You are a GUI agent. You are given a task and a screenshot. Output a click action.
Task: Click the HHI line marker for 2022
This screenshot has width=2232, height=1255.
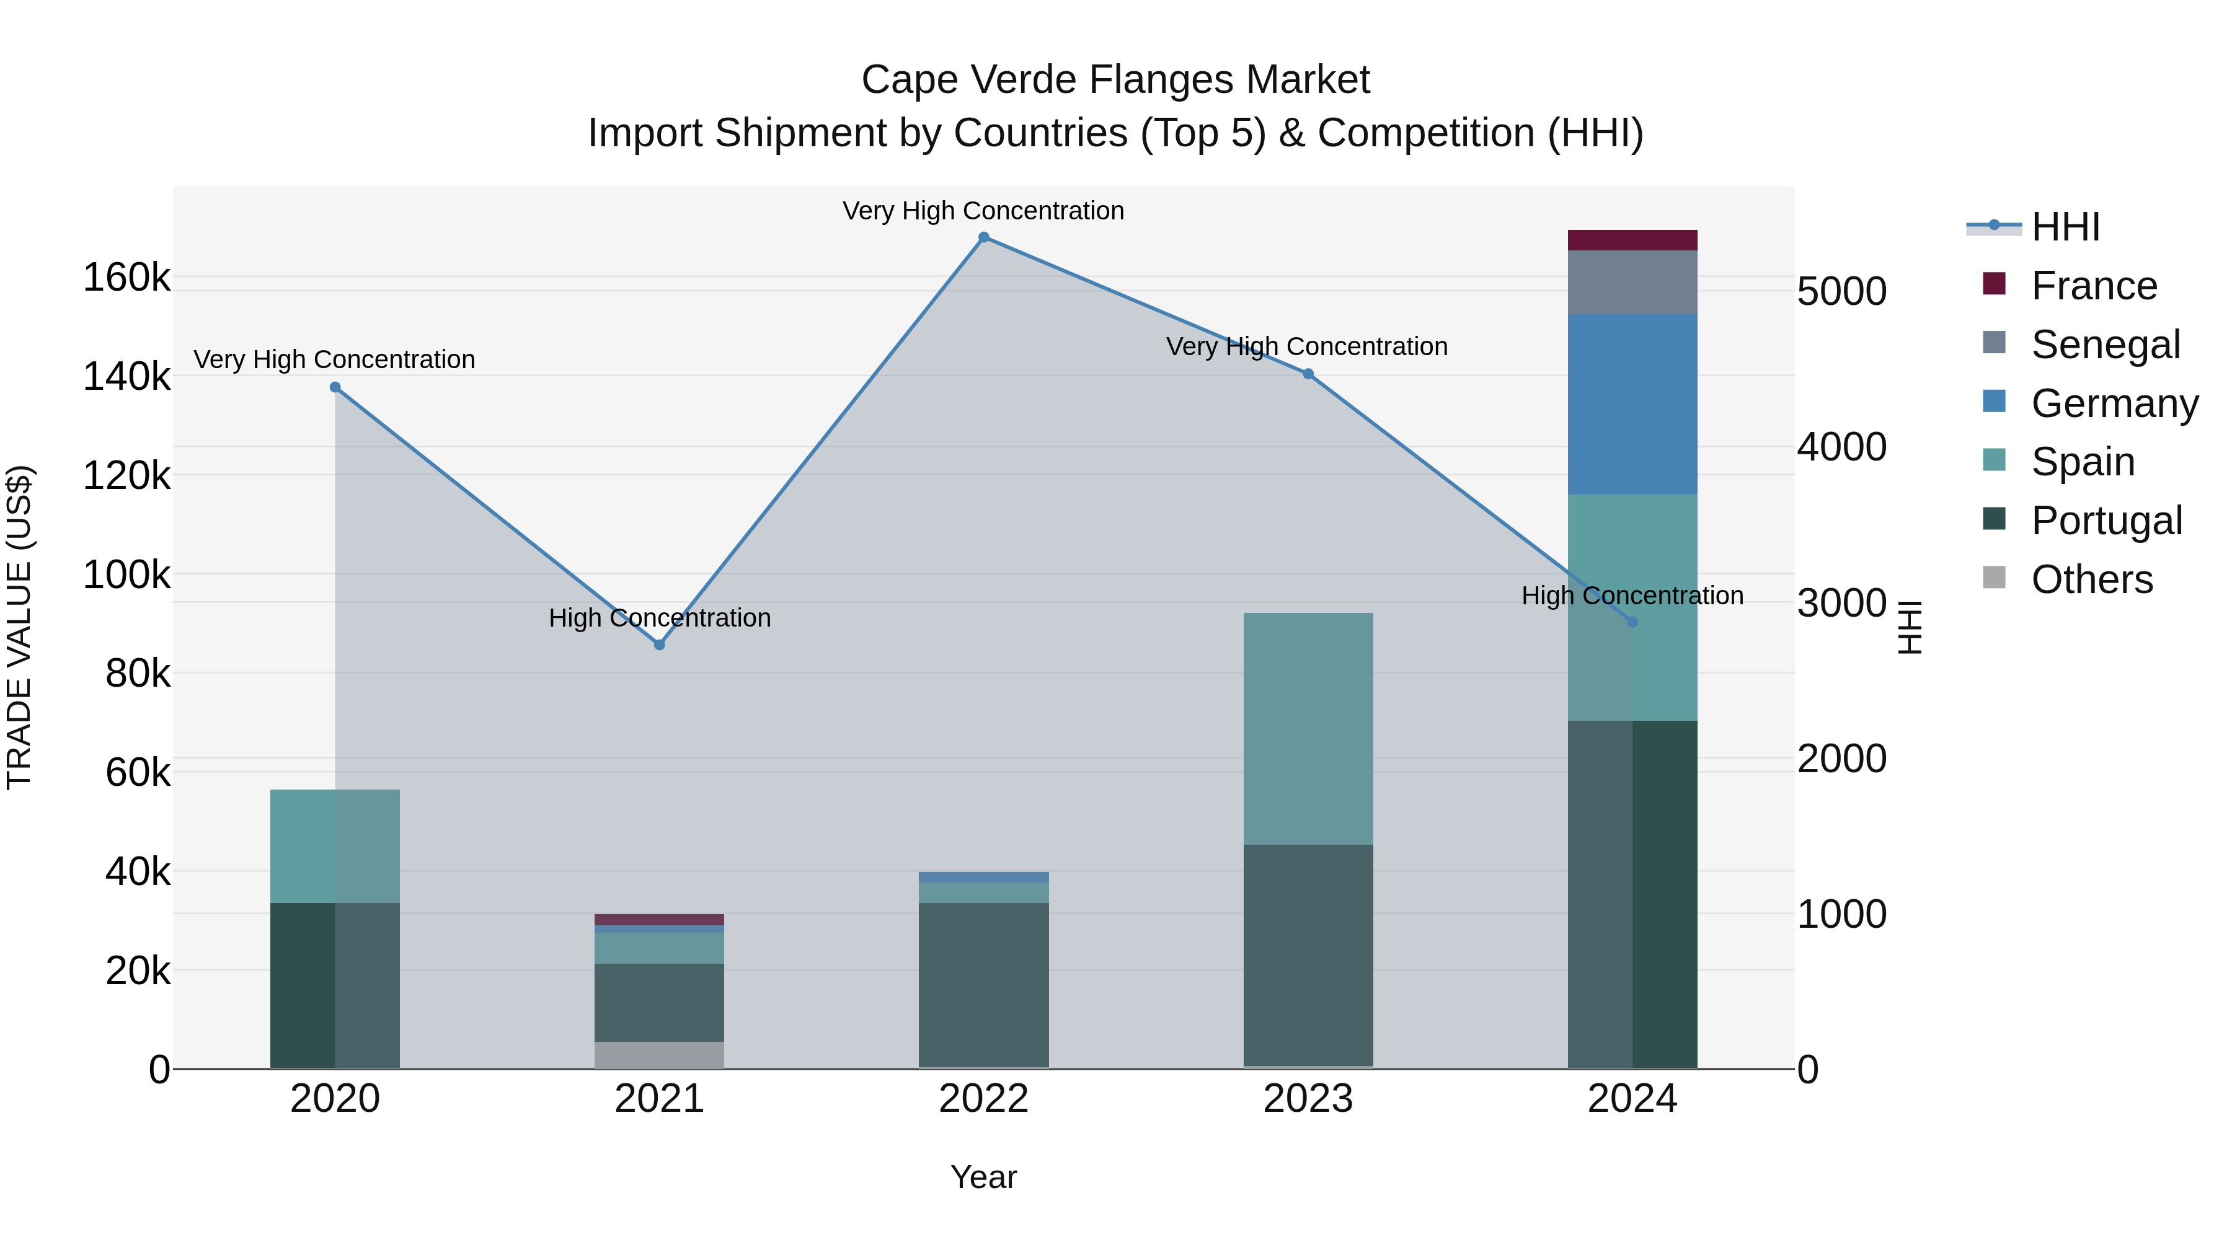tap(983, 237)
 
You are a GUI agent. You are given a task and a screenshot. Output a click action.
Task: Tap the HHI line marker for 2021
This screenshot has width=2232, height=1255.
tap(660, 645)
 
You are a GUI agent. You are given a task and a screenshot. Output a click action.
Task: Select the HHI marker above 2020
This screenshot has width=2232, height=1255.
tap(335, 387)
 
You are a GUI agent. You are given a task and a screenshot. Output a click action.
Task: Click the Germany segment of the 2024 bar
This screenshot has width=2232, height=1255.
tap(1632, 405)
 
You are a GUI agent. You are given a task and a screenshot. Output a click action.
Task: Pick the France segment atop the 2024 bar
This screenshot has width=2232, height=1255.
tap(1632, 240)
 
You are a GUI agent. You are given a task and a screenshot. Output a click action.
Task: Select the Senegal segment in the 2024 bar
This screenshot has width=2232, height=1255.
tap(1632, 283)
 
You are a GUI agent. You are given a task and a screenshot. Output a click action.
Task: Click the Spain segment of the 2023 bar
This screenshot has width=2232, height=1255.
tap(1308, 728)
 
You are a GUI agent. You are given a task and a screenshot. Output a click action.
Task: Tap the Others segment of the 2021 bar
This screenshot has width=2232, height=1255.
tap(660, 1054)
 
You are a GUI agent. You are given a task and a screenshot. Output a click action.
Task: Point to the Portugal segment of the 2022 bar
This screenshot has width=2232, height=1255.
tap(983, 985)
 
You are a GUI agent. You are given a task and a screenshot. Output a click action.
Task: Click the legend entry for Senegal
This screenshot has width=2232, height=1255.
tap(2105, 345)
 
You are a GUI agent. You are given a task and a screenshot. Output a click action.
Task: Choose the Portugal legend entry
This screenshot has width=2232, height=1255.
tap(2106, 521)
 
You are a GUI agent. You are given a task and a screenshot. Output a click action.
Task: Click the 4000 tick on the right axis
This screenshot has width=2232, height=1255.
tap(1841, 447)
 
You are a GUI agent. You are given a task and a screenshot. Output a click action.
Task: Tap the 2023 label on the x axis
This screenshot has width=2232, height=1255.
tap(1308, 1099)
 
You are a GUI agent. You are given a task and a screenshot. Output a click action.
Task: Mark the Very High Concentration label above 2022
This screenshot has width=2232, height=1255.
tap(983, 211)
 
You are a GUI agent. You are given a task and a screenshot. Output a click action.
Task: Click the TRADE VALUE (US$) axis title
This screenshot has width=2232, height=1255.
tap(19, 627)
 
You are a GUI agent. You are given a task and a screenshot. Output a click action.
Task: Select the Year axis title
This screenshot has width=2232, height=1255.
tap(983, 1177)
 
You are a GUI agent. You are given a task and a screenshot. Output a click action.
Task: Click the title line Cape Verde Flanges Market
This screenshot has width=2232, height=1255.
tap(1115, 80)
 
